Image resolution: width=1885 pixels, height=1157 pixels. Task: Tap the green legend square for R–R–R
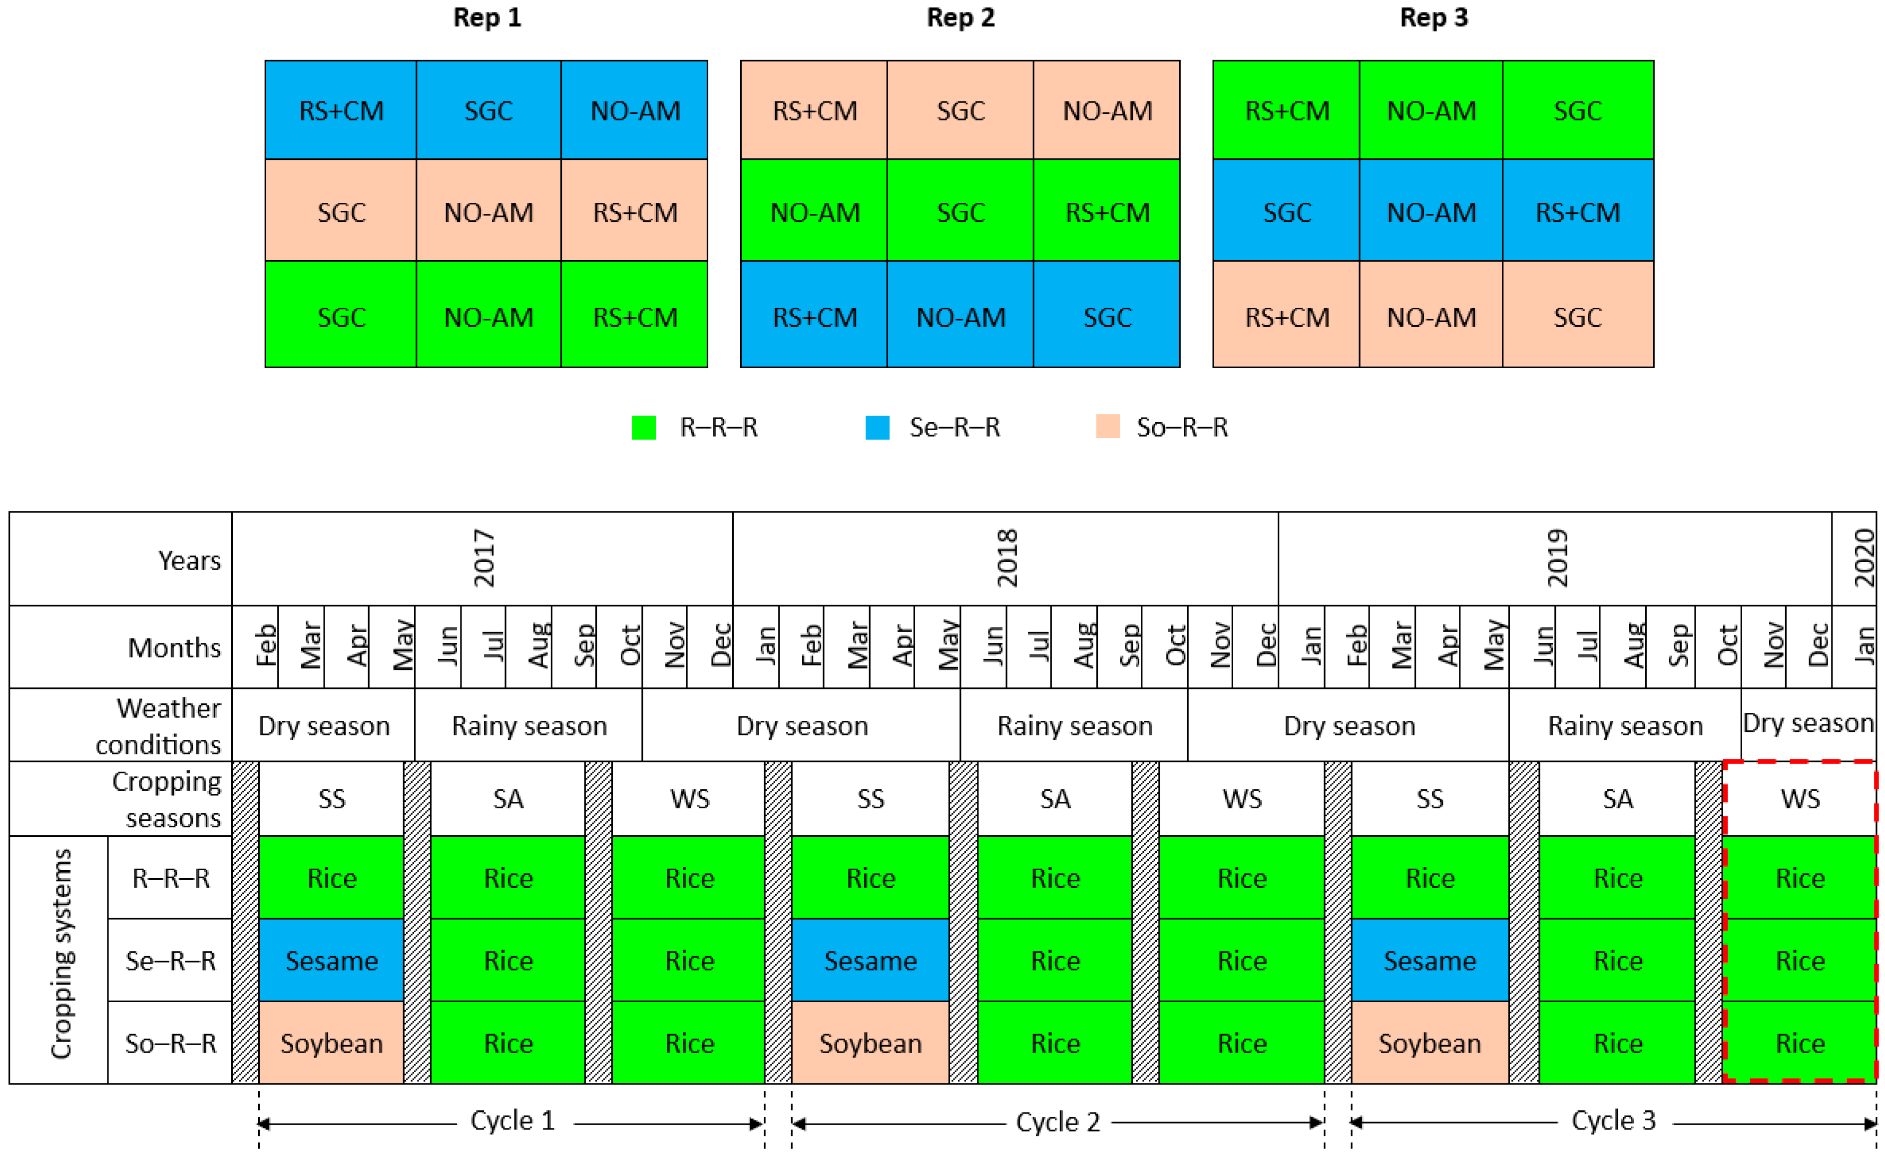(643, 427)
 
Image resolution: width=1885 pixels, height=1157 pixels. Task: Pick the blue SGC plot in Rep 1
(488, 111)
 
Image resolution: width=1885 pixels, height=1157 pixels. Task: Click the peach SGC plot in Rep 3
(1577, 317)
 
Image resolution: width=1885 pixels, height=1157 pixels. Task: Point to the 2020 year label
(1864, 558)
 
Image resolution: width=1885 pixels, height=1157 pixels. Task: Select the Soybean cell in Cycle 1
(331, 1043)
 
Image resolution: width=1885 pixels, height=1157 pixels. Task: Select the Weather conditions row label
(158, 725)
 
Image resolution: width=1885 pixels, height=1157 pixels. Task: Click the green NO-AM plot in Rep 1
(488, 317)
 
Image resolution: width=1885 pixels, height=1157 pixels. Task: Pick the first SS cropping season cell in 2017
(331, 799)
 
